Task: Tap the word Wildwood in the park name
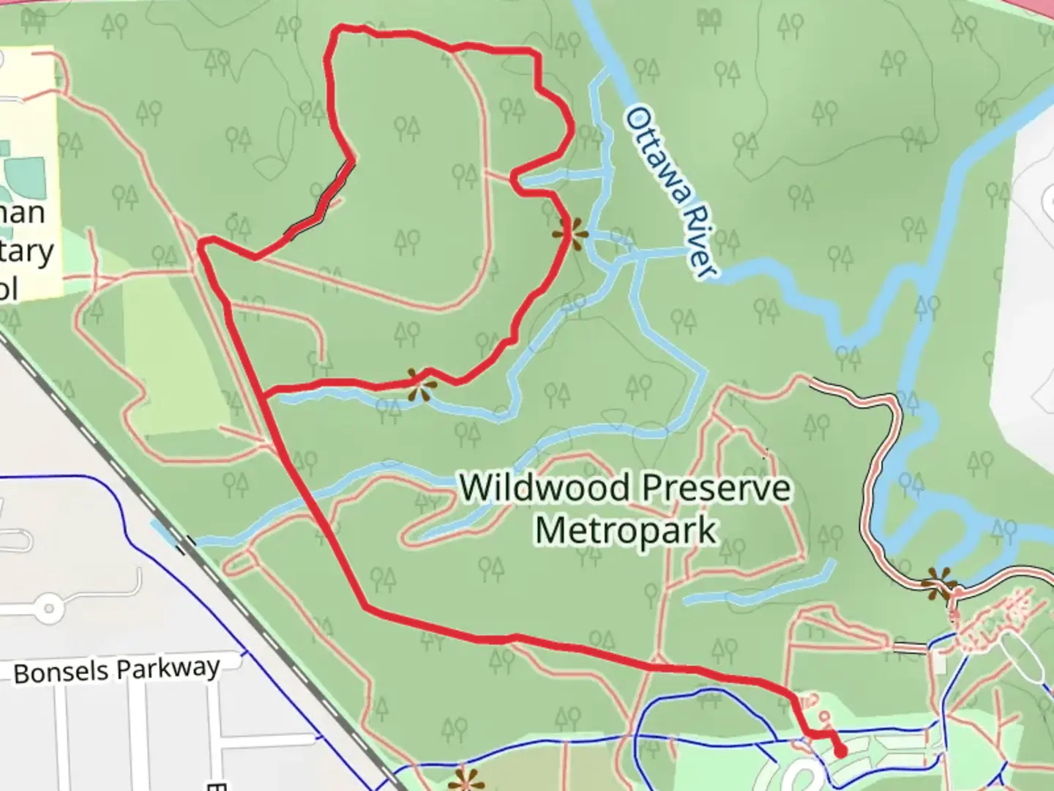tap(545, 488)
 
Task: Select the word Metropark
tap(626, 530)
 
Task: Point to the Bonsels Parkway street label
tap(116, 670)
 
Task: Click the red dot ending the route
tap(840, 751)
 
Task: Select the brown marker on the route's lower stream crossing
tap(420, 385)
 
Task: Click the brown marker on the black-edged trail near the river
tap(939, 585)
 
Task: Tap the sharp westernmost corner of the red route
tap(200, 243)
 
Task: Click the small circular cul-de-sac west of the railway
tap(49, 608)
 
